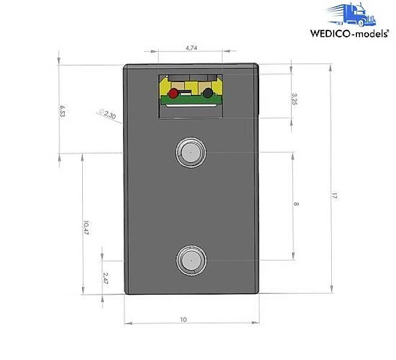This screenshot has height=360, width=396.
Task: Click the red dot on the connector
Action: (x=174, y=94)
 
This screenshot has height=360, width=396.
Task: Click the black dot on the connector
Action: (x=208, y=94)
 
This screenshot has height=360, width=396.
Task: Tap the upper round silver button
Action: (x=191, y=152)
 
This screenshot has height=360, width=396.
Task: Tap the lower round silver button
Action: (x=191, y=260)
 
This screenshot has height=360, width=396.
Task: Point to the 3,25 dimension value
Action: (x=293, y=98)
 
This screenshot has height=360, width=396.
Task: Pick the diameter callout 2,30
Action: (x=108, y=113)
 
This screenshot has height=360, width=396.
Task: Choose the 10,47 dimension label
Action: (x=86, y=227)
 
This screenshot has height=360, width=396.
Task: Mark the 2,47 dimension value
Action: (x=105, y=277)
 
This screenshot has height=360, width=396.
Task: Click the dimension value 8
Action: (x=296, y=205)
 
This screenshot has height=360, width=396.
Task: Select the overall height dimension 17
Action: (x=334, y=196)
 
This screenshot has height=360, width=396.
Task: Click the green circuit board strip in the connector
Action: (x=191, y=100)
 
